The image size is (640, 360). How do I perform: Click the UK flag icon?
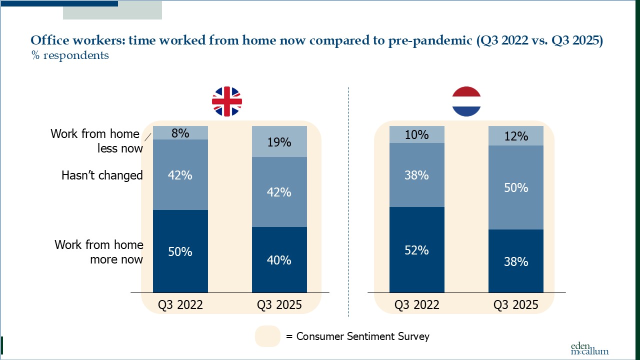point(226,101)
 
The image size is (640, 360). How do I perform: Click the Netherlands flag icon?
point(466,101)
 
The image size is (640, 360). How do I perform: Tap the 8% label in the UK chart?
point(180,133)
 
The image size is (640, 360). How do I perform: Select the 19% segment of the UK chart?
point(279,142)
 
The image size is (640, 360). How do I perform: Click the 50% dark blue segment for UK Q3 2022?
point(180,251)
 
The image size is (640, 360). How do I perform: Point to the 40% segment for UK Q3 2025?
point(279,260)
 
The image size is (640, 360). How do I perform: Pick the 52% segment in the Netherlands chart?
point(416,249)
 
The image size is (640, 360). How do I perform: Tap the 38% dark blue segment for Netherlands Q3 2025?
point(515,261)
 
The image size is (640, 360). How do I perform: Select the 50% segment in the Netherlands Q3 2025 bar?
point(515,187)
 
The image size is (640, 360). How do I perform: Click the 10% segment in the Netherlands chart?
point(416,134)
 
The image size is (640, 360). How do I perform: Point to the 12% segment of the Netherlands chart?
point(515,135)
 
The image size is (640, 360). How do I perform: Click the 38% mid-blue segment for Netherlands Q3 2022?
point(416,175)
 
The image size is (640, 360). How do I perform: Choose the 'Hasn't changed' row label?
point(102,175)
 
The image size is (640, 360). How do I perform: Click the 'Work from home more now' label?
point(99,252)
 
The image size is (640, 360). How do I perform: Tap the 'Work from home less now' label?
point(96,141)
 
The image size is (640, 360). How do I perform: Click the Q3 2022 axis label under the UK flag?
point(180,304)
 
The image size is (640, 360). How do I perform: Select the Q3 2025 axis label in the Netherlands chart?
point(515,304)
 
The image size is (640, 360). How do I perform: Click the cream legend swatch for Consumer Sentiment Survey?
point(267,336)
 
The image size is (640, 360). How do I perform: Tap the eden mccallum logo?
point(589,348)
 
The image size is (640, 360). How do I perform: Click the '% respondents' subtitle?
point(70,55)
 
